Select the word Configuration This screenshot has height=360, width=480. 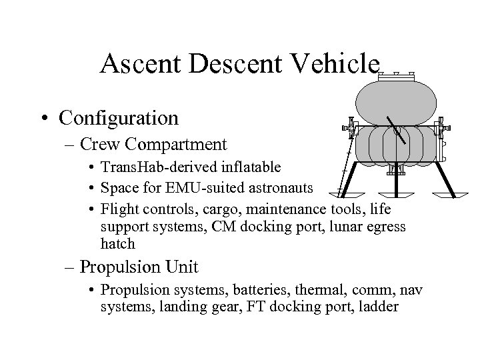[119, 118]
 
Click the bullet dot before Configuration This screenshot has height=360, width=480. [45, 119]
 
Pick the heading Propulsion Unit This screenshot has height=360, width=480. [139, 267]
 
